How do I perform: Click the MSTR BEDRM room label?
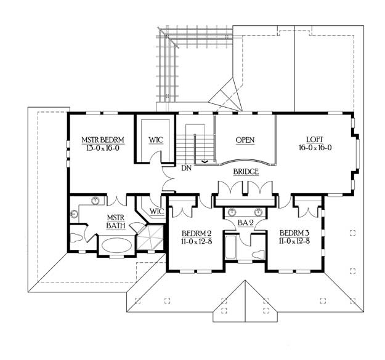103,140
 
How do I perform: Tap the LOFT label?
315,140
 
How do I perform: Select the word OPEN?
245,140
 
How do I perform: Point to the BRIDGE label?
246,172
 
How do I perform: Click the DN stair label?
187,168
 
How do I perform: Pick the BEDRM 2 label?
197,233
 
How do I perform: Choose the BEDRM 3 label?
294,233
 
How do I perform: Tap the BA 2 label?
246,223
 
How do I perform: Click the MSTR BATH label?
116,222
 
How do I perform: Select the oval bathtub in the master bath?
116,245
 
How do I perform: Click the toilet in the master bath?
76,238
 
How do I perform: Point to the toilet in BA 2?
259,255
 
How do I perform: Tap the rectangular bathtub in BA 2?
230,247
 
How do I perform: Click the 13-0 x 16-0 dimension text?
103,148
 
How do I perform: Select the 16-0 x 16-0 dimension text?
315,148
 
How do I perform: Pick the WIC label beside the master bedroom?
156,140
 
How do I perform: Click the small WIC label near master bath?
156,211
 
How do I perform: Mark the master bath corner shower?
150,238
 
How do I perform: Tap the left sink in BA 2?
231,212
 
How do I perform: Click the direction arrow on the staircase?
205,162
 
